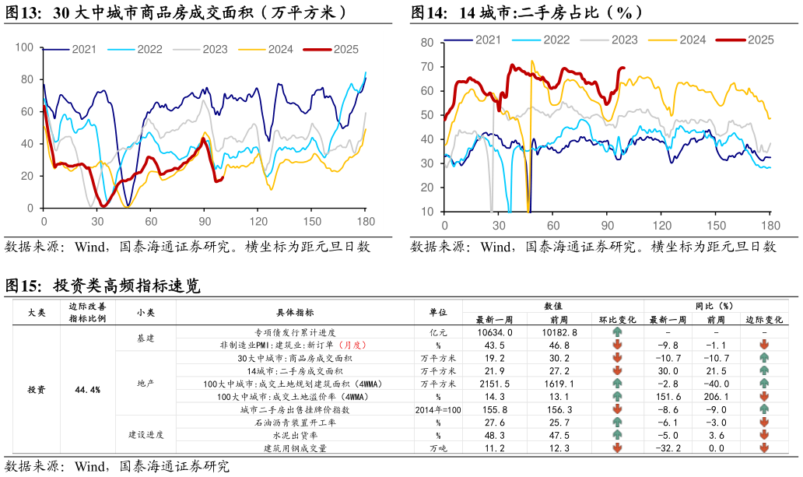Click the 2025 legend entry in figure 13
331,49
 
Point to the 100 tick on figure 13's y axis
24,47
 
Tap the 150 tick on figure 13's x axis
312,221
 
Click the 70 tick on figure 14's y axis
427,67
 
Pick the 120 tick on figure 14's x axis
661,226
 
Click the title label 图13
23,12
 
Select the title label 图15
23,286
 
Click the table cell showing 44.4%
88,390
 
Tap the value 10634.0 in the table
494,332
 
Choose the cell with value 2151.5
495,384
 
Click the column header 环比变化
618,320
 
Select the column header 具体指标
295,312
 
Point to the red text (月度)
352,345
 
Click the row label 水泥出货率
295,436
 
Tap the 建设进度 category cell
146,434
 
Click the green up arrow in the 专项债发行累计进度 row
617,332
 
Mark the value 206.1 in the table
716,397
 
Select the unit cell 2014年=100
438,410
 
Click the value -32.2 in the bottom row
668,448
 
